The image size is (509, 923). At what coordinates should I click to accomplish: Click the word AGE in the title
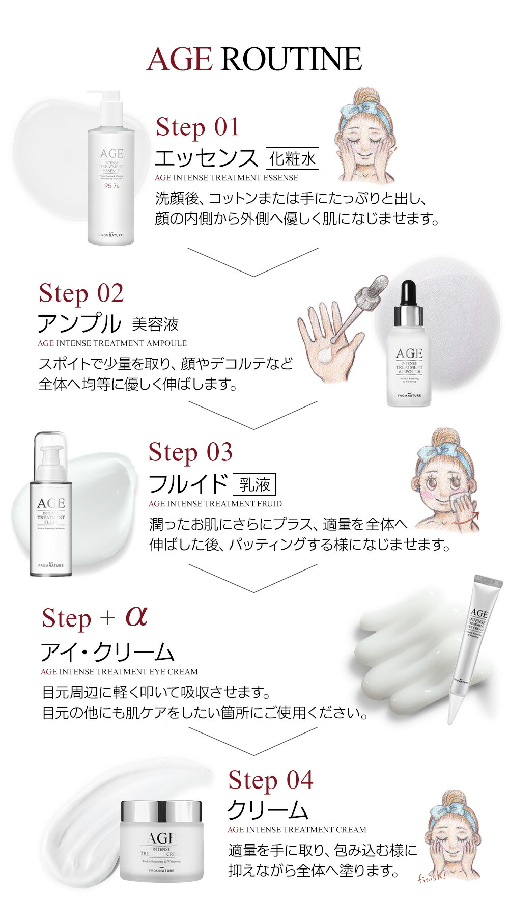(x=179, y=59)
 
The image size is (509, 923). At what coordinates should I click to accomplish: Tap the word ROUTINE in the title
(x=291, y=59)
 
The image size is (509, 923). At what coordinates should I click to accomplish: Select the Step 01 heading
(x=197, y=127)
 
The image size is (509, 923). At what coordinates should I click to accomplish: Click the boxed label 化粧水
(x=292, y=159)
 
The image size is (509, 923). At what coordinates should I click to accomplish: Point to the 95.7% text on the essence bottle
(x=111, y=186)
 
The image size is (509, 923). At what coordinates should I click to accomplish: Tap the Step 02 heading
(x=81, y=294)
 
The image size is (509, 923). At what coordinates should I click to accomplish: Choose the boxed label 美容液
(x=155, y=324)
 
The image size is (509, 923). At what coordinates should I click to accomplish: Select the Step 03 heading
(x=190, y=452)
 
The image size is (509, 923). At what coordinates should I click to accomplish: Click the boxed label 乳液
(x=254, y=484)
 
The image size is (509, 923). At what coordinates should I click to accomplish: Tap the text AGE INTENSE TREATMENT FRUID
(x=215, y=504)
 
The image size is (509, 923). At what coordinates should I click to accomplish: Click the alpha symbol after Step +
(x=136, y=616)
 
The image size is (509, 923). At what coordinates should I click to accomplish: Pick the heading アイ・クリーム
(x=107, y=651)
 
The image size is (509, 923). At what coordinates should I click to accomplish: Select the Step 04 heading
(x=270, y=780)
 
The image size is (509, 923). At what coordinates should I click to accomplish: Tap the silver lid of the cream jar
(x=161, y=810)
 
